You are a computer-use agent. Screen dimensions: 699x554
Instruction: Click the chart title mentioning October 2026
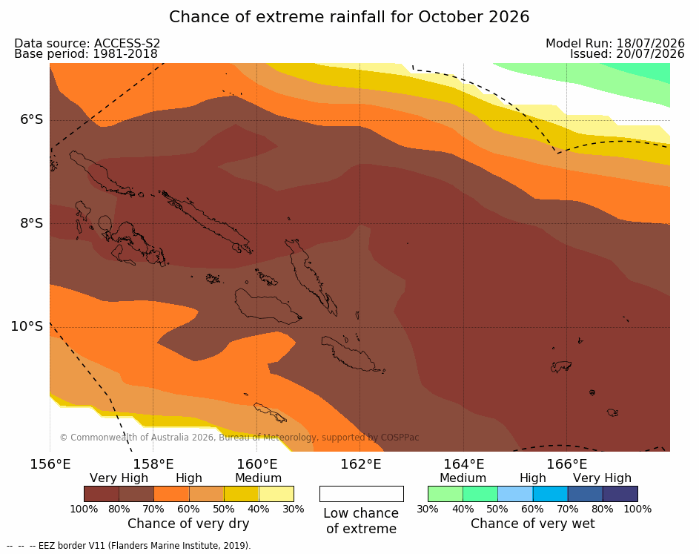349,17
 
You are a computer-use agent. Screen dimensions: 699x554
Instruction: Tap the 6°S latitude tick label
32,119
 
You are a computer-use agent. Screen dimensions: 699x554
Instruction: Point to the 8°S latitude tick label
32,223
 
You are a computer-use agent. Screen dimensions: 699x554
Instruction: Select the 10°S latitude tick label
27,326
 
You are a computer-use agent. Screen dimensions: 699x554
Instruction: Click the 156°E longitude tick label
50,464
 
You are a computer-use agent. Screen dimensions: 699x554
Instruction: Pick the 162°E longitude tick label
361,464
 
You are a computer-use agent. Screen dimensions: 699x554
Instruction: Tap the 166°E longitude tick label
567,464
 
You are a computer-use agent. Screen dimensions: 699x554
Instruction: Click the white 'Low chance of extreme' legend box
362,494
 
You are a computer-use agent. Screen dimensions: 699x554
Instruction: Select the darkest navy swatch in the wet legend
620,494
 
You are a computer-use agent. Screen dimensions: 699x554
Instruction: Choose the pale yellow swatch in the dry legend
276,494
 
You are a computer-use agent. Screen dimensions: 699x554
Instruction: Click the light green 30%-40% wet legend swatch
445,494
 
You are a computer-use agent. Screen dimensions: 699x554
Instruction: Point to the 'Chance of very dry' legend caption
188,524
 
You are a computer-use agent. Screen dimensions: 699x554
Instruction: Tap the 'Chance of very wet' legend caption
533,524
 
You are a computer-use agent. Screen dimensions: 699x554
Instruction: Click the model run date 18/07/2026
650,43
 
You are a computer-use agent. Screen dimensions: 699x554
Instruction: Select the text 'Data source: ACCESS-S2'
87,43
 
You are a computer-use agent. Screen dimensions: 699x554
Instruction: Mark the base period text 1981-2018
125,54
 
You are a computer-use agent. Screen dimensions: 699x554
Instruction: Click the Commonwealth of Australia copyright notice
239,437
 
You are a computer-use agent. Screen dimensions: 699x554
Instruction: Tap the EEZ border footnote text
145,546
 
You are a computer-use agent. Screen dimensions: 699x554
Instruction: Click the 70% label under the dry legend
153,509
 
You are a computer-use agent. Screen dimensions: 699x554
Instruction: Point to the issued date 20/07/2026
650,54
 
